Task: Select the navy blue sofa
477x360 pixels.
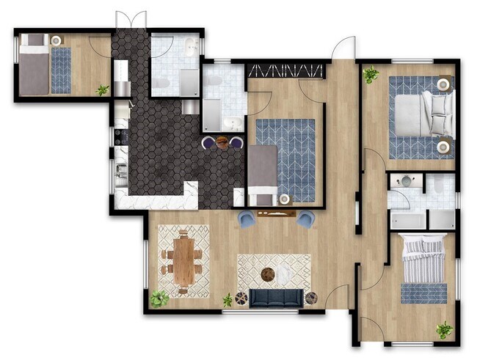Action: tap(277, 297)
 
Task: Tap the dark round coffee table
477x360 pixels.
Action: tap(269, 274)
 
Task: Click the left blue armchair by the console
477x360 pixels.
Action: tap(247, 218)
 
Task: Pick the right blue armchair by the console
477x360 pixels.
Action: tap(305, 218)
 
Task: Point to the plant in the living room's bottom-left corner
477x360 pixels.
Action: tap(159, 298)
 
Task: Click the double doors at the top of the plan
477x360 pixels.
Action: tap(131, 21)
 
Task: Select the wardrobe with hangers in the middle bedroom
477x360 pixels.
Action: tap(286, 70)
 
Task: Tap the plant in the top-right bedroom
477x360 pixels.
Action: tap(371, 74)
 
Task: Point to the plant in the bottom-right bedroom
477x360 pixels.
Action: tap(444, 329)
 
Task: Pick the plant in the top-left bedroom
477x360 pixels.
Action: tap(103, 89)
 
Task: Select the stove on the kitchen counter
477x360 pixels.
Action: tap(120, 136)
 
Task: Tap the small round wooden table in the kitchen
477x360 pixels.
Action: tap(222, 142)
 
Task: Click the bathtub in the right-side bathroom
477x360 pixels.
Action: tap(407, 219)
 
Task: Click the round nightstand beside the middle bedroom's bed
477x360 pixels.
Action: tap(284, 199)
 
